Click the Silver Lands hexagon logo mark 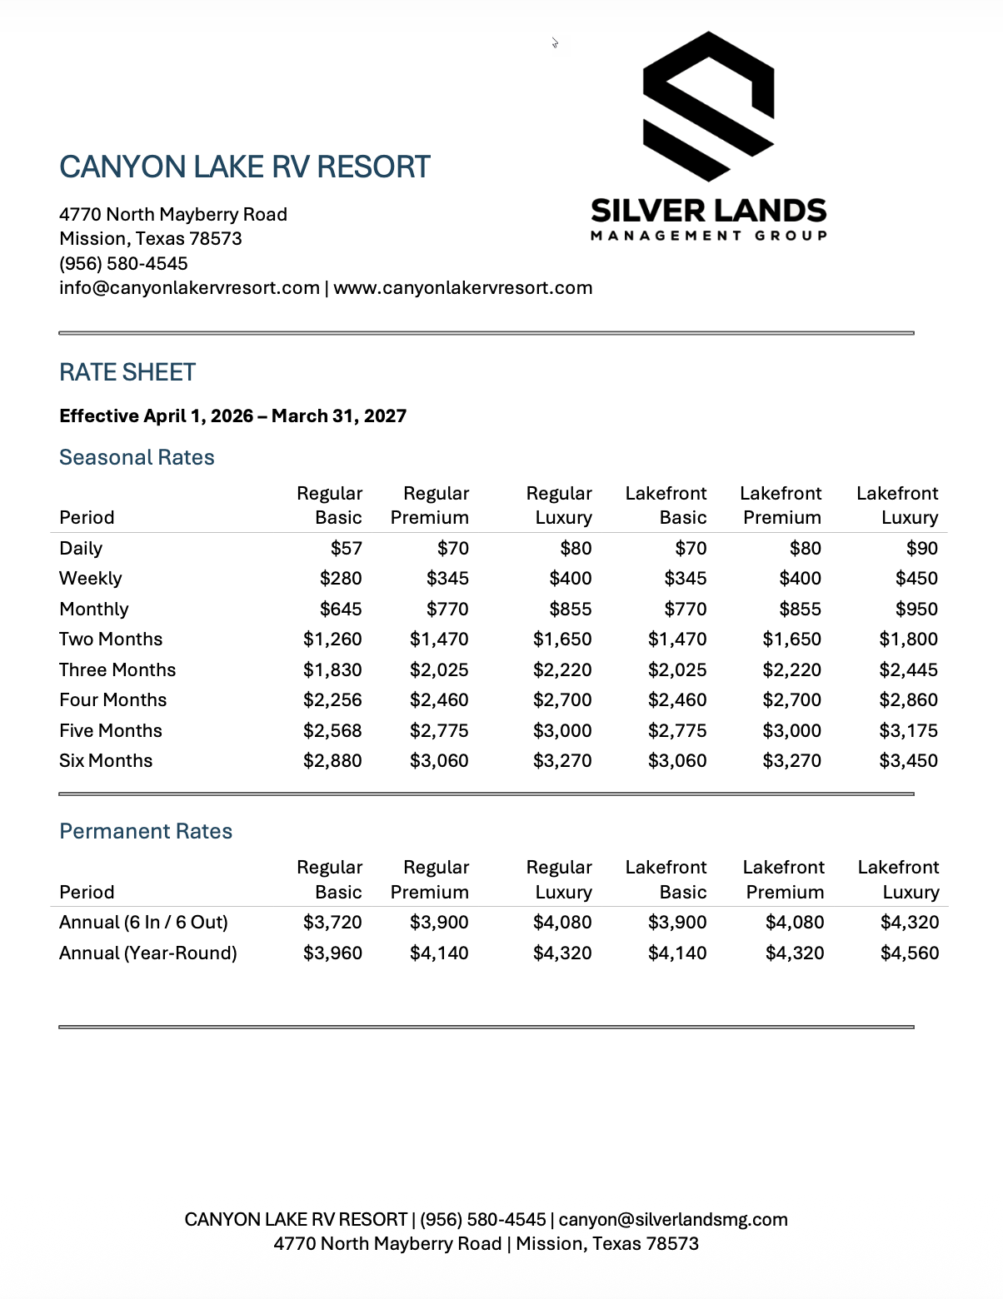coord(709,107)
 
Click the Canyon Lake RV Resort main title coord(245,167)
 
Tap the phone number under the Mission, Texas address coord(123,263)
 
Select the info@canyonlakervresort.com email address coord(189,288)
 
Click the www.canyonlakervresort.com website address coord(463,288)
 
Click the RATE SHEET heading coord(127,372)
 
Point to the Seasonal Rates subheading coord(137,457)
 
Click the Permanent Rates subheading coord(146,831)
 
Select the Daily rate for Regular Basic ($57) coord(346,548)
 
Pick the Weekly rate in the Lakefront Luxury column coord(916,578)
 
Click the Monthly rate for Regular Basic coord(341,609)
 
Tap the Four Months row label coord(112,699)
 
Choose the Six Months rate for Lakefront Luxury coord(908,760)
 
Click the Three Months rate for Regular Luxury coord(562,669)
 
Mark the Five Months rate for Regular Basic coord(332,730)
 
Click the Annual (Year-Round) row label coord(148,953)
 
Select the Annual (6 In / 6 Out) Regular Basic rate coord(332,922)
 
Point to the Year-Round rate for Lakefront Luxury coord(910,953)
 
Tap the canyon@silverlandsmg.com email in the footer coord(673,1219)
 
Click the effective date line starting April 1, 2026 coord(233,416)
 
